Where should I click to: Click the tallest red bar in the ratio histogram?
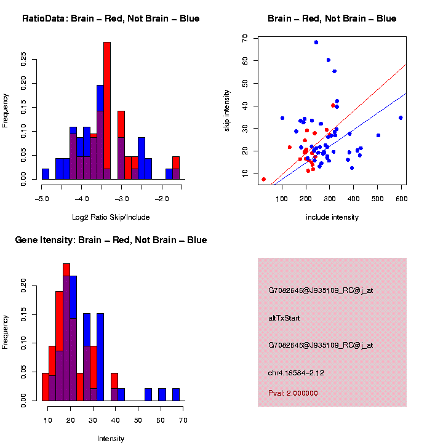pyautogui.click(x=107, y=111)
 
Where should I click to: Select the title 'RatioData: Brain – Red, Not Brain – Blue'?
pyautogui.click(x=111, y=18)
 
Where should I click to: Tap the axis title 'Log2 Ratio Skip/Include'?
pyautogui.click(x=111, y=217)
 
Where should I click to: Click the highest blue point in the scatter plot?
pyautogui.click(x=316, y=42)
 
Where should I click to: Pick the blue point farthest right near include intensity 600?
pyautogui.click(x=401, y=118)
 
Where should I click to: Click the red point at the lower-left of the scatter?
pyautogui.click(x=264, y=180)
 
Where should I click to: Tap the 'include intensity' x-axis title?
pyautogui.click(x=332, y=217)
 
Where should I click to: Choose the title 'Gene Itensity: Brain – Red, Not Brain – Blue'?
pyautogui.click(x=111, y=240)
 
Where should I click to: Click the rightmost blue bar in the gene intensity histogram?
pyautogui.click(x=176, y=394)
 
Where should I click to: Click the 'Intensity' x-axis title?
pyautogui.click(x=111, y=439)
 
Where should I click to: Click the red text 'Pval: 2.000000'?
pyautogui.click(x=293, y=393)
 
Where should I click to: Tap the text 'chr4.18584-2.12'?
pyautogui.click(x=297, y=372)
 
